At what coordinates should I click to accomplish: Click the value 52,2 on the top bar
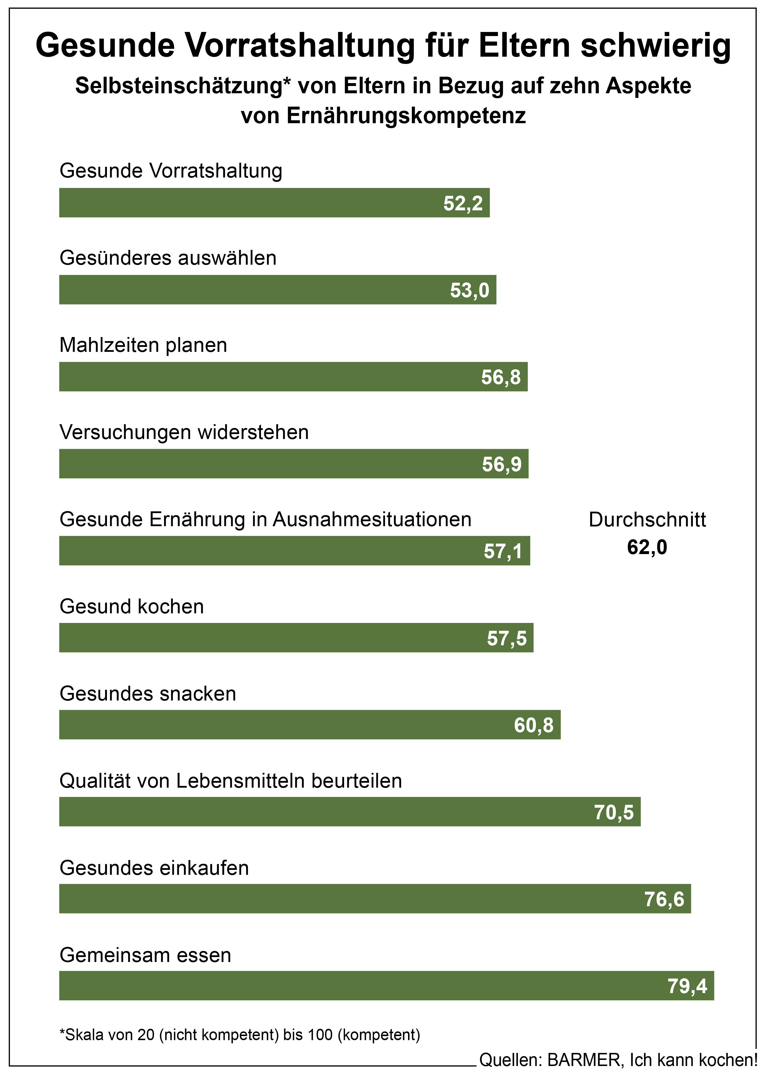tap(463, 203)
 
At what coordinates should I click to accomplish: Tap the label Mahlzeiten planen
tap(143, 345)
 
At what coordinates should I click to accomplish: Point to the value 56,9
tap(502, 465)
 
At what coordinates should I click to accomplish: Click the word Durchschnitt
tap(647, 520)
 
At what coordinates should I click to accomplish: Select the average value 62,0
tap(647, 547)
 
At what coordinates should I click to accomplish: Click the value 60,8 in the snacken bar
tap(534, 725)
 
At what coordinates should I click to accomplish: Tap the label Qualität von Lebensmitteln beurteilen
tap(230, 781)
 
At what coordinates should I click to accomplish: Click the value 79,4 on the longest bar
tap(687, 986)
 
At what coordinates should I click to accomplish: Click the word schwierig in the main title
tap(656, 46)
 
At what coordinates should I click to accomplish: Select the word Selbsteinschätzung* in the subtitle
tap(183, 86)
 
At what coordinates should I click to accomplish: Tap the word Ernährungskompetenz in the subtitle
tap(406, 116)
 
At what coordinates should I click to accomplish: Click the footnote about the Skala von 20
tap(239, 1035)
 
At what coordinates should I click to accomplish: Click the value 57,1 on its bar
tap(503, 551)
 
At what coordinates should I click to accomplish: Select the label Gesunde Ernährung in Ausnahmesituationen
tap(265, 519)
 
